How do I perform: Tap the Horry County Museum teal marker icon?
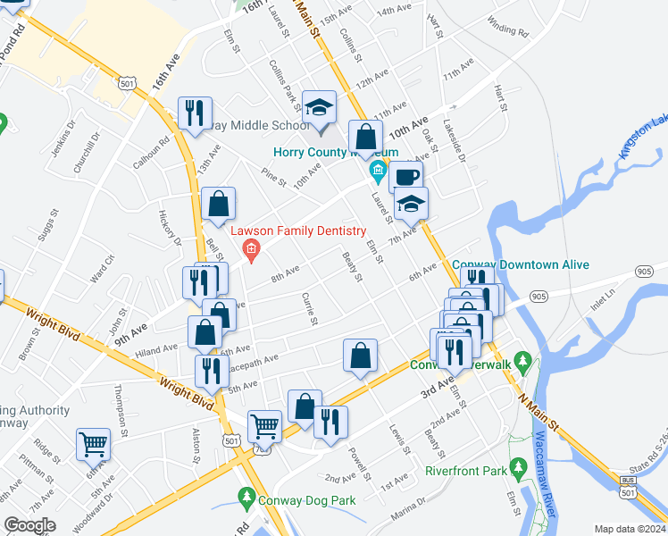(x=378, y=170)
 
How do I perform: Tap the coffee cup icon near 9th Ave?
(x=405, y=176)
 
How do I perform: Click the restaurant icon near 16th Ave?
(x=195, y=113)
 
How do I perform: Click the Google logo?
(x=30, y=525)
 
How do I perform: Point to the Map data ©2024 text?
(x=629, y=529)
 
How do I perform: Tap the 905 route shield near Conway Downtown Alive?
(x=538, y=296)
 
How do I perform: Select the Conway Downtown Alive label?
(x=509, y=264)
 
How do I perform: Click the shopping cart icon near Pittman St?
(x=93, y=443)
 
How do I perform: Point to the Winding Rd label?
(x=508, y=29)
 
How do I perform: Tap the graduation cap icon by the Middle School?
(x=319, y=107)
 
